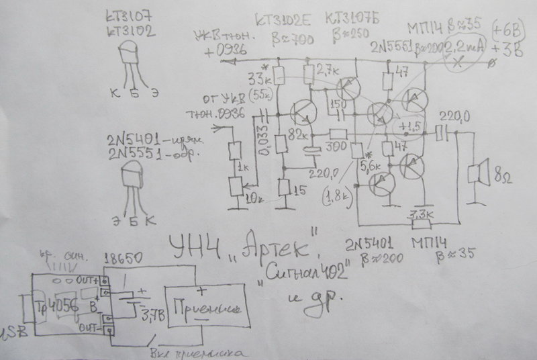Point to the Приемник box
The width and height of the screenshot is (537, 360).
pos(203,309)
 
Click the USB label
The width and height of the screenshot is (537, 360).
pos(9,332)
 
